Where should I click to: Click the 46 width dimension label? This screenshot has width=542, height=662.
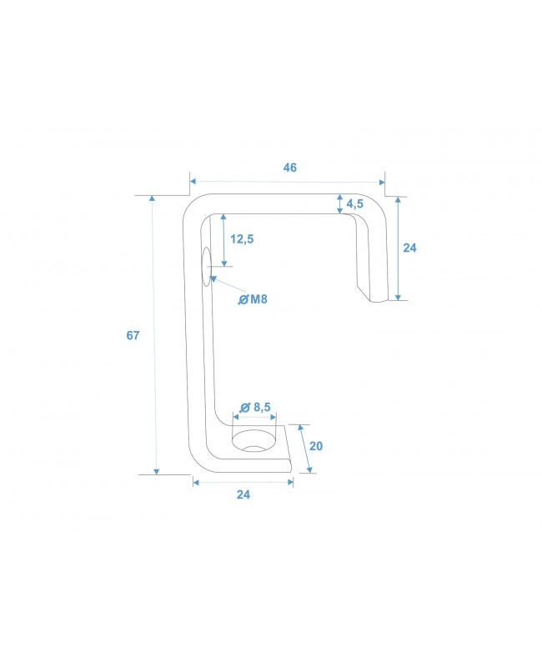point(289,168)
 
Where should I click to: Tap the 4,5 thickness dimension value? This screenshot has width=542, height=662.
point(354,204)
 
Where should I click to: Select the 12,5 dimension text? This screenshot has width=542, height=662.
point(242,239)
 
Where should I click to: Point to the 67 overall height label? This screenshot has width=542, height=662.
point(133,336)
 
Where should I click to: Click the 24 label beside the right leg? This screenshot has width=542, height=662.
point(409,248)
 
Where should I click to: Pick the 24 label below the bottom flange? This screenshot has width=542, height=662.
point(243,494)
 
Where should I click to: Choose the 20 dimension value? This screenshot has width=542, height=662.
point(315,446)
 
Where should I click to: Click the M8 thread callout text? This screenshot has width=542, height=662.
point(258,299)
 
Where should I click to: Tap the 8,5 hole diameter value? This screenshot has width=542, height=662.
point(263,407)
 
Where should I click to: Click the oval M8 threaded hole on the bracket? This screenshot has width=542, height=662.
point(206,266)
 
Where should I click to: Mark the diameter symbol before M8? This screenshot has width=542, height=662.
point(243,299)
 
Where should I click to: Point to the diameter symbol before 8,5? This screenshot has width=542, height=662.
point(245,407)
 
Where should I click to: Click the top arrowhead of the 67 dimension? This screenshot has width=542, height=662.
point(153,199)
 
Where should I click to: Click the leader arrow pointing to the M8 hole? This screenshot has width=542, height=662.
point(216,280)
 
